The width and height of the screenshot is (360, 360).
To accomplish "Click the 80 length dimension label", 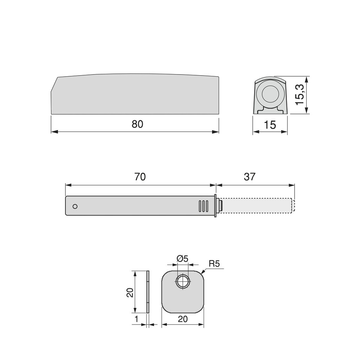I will pyautogui.click(x=137, y=124).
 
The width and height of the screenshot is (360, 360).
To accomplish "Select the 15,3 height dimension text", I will pyautogui.click(x=300, y=94).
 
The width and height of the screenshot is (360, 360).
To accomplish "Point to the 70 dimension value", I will pyautogui.click(x=140, y=177).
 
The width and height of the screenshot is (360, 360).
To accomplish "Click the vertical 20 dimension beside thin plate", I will pyautogui.click(x=130, y=292).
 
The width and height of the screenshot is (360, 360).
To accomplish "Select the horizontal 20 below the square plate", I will pyautogui.click(x=182, y=319).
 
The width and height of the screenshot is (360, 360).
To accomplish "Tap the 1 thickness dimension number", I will pyautogui.click(x=137, y=319).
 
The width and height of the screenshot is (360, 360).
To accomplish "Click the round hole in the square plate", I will pyautogui.click(x=182, y=282).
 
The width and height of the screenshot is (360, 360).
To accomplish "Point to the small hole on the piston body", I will pyautogui.click(x=75, y=206).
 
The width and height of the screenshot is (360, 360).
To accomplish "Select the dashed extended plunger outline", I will pyautogui.click(x=257, y=206).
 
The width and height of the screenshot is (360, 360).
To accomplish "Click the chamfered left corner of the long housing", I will pyautogui.click(x=54, y=84).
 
